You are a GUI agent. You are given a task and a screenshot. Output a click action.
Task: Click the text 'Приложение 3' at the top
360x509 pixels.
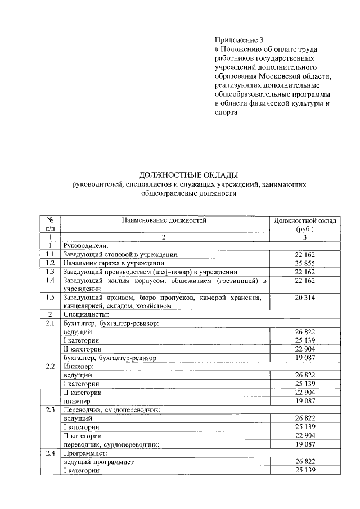238,40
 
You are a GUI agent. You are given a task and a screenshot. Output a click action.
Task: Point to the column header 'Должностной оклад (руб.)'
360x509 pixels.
305,224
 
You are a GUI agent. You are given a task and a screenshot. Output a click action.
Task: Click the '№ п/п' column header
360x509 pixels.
50,224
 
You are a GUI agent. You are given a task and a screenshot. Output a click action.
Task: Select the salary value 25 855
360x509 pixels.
305,263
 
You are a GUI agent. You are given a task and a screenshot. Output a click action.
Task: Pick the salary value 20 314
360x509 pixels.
305,298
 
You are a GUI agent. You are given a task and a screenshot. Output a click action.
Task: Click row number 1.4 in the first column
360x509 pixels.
50,280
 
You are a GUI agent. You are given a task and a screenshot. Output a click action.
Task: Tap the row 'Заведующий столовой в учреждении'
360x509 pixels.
121,254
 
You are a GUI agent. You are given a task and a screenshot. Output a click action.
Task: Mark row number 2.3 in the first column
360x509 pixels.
50,410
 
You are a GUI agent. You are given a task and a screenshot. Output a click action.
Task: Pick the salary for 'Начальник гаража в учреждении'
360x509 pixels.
305,263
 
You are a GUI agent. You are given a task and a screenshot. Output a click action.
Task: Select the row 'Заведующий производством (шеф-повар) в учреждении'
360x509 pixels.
148,272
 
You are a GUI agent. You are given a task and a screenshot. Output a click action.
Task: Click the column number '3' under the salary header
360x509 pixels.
305,237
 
